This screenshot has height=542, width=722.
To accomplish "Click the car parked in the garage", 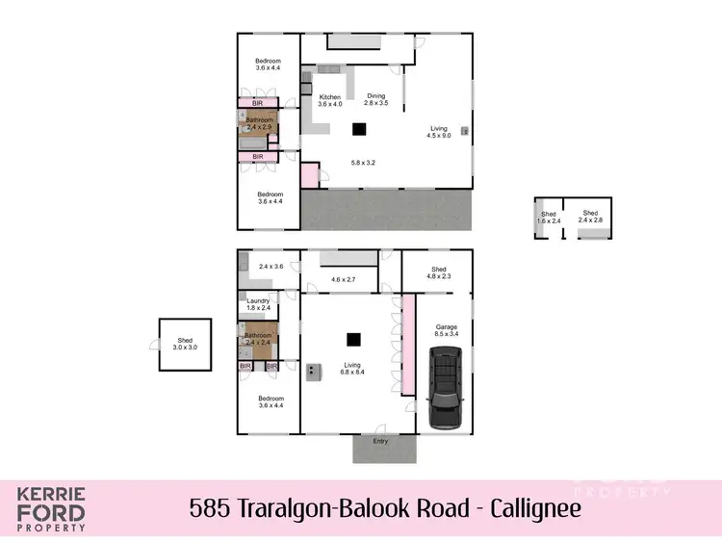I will [446, 388].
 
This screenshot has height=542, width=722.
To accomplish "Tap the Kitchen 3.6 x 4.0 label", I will [330, 101].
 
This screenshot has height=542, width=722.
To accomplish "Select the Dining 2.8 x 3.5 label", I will [376, 98].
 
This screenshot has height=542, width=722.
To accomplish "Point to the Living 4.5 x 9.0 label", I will [438, 132].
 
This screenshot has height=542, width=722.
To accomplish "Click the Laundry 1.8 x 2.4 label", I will [258, 304].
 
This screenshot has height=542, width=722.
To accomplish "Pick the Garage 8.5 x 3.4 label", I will [446, 330].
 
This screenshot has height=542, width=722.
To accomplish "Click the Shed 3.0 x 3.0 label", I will [184, 344].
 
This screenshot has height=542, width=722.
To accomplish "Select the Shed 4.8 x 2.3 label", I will [438, 272].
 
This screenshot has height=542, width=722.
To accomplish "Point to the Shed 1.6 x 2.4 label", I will [549, 218].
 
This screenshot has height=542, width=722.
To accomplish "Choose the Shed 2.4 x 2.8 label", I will [589, 217].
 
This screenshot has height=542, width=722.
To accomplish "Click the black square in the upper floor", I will [358, 129].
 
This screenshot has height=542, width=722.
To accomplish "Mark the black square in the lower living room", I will [353, 338].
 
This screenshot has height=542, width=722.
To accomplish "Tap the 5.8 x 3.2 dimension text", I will [363, 163].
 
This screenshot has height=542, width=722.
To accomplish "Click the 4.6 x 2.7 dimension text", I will [344, 280].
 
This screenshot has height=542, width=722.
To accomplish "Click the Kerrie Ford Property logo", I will [51, 509].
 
